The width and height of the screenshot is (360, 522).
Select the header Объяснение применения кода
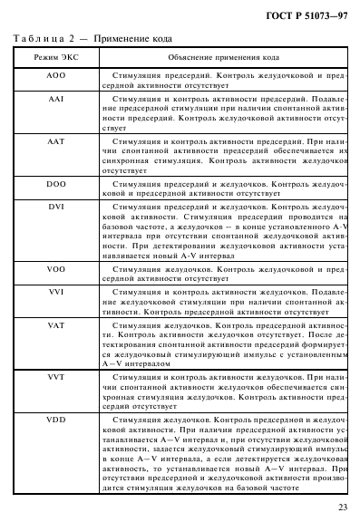coord(222,57)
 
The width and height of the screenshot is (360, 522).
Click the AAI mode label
coord(55,106)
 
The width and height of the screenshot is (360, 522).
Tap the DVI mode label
coord(55,208)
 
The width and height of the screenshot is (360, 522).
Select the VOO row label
coord(55,269)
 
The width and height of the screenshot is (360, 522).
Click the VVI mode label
coord(55,294)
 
